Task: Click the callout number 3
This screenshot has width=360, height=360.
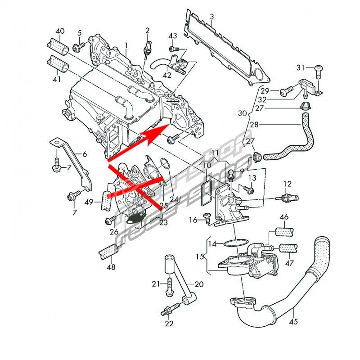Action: click(x=212, y=18)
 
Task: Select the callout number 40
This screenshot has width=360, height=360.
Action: click(x=60, y=31)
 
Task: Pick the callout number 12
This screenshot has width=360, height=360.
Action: click(x=288, y=184)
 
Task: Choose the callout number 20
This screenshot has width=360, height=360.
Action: click(x=199, y=284)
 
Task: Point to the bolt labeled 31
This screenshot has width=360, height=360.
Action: click(x=318, y=68)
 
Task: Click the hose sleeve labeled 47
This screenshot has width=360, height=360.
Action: click(x=287, y=248)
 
